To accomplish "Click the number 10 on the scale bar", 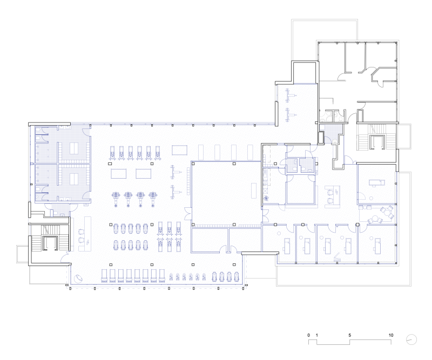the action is pos(390,335).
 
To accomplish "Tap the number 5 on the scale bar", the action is pos(349,335).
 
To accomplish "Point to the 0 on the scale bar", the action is pos(308,335).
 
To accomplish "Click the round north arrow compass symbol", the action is pos(411,339).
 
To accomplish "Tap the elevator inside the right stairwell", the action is pos(377,142).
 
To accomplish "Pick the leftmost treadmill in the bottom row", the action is pos(104,276).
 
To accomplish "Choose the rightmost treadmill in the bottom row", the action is pos(161,276).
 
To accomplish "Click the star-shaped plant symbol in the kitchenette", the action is pos(266,198).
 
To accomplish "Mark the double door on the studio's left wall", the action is pos(188,214).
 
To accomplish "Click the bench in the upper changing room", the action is pos(73,148).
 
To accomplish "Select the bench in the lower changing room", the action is pos(73,179).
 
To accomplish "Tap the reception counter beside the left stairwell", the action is pos(87,234).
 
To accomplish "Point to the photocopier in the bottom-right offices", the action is pos(337,259).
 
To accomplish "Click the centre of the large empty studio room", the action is pos(226,193).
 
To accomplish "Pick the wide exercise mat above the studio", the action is pos(180,151).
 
